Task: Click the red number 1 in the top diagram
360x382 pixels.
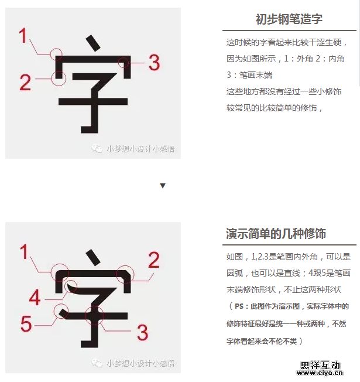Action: pyautogui.click(x=23, y=36)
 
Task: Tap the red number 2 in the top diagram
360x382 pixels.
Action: pyautogui.click(x=25, y=83)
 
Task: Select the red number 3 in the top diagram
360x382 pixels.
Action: pyautogui.click(x=154, y=63)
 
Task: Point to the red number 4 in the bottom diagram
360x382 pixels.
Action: pyautogui.click(x=35, y=297)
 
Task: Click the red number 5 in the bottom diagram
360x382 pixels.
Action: pyautogui.click(x=26, y=323)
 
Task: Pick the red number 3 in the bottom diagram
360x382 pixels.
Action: pyautogui.click(x=142, y=332)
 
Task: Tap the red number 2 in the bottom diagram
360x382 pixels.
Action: pyautogui.click(x=154, y=260)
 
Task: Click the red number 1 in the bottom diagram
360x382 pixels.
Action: pyautogui.click(x=24, y=252)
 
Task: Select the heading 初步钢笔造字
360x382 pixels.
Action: pyautogui.click(x=289, y=19)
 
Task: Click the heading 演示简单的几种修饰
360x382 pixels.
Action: pyautogui.click(x=276, y=234)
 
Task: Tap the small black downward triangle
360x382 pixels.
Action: pyautogui.click(x=163, y=186)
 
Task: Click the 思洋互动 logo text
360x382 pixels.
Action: pyautogui.click(x=320, y=366)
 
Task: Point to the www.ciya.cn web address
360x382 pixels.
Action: pyautogui.click(x=320, y=373)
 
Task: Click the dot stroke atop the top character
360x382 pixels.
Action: pyautogui.click(x=93, y=43)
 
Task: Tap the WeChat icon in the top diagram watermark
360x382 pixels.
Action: pyautogui.click(x=97, y=148)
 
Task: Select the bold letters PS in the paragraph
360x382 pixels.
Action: pyautogui.click(x=239, y=306)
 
